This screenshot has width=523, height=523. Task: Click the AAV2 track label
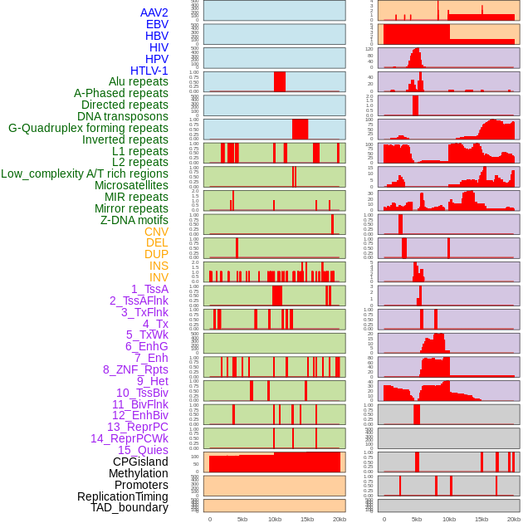154,13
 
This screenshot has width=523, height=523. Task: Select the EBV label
157,25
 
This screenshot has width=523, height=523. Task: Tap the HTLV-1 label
149,71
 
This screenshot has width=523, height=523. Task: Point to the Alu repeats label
139,82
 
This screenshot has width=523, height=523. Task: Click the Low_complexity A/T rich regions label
85,174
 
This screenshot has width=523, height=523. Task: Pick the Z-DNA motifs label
134,220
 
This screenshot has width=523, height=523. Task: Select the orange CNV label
156,232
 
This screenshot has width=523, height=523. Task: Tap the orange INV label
159,277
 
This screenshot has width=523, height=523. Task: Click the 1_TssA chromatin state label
149,289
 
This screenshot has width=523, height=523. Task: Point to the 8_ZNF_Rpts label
135,369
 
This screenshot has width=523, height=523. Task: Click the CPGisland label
140,462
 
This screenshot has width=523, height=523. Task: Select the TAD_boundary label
130,507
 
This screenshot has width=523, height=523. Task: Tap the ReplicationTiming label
123,496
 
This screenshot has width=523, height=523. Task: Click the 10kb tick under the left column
275,519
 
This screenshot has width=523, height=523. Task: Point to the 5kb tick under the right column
415,519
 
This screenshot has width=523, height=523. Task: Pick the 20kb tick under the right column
515,519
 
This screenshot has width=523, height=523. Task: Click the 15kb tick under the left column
307,519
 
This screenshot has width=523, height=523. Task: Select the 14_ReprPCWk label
130,438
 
